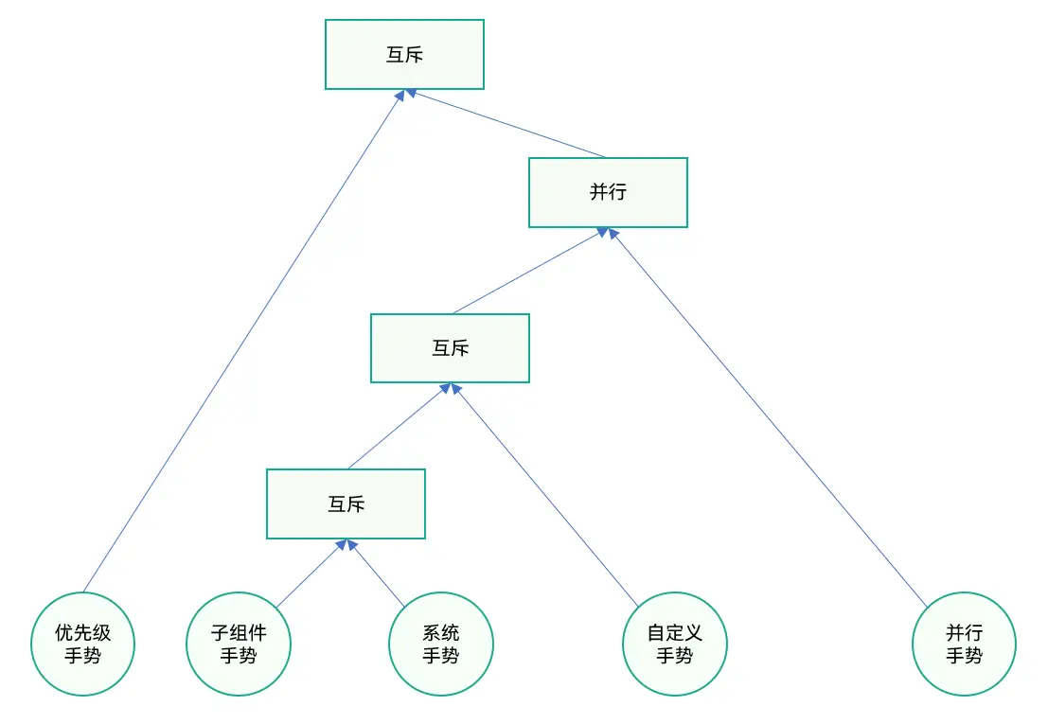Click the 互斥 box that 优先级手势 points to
[x=404, y=55]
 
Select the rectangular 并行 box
[x=608, y=192]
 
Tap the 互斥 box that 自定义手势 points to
[x=450, y=348]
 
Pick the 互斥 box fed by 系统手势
[x=346, y=504]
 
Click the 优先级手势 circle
[x=83, y=645]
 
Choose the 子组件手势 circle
[x=239, y=645]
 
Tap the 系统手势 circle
[x=441, y=645]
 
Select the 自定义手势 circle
[x=675, y=645]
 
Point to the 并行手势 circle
[x=964, y=645]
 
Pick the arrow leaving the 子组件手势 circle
[x=309, y=574]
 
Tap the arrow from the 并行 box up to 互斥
[x=506, y=124]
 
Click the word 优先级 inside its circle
[x=83, y=632]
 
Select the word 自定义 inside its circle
[x=675, y=632]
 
